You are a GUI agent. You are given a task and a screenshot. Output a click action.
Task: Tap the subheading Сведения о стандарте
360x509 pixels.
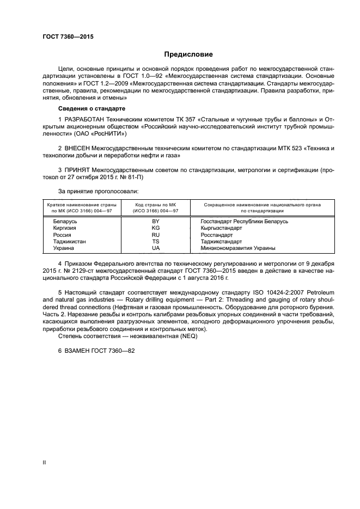point(84,108)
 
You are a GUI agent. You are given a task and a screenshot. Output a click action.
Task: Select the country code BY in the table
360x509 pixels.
point(156,222)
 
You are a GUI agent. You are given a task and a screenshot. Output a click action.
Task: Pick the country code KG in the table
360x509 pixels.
point(156,228)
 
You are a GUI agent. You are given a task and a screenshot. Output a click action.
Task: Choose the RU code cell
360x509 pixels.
point(156,235)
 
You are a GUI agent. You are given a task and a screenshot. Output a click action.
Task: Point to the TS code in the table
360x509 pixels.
point(156,241)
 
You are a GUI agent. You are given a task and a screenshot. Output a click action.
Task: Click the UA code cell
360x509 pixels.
point(156,248)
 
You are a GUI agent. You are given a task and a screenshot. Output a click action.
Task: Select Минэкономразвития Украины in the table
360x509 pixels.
point(238,248)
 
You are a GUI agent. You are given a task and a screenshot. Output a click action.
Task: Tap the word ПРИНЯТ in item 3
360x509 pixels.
point(77,170)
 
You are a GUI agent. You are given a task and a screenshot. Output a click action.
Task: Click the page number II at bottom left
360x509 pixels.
point(44,463)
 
